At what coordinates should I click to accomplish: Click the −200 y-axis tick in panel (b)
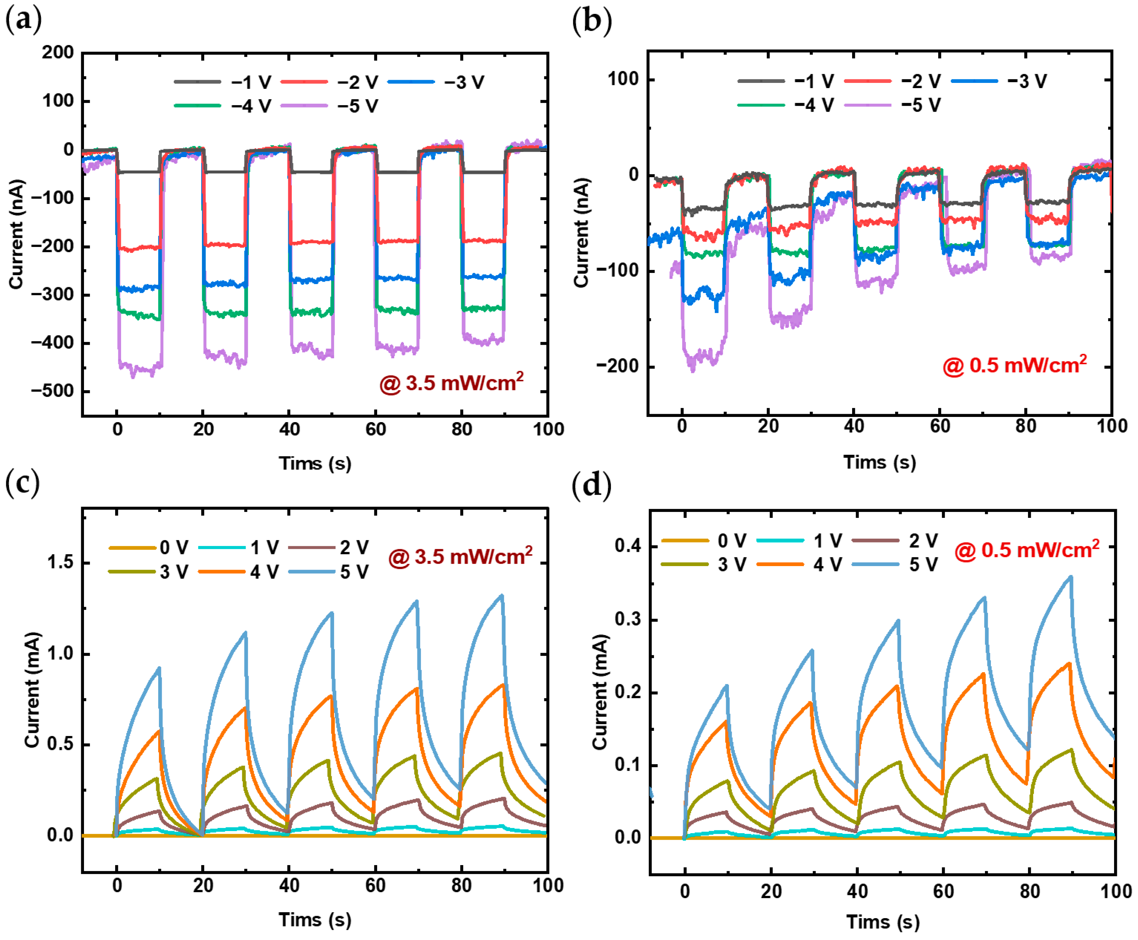[x=618, y=366]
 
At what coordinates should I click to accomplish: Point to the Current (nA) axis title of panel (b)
[x=581, y=233]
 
